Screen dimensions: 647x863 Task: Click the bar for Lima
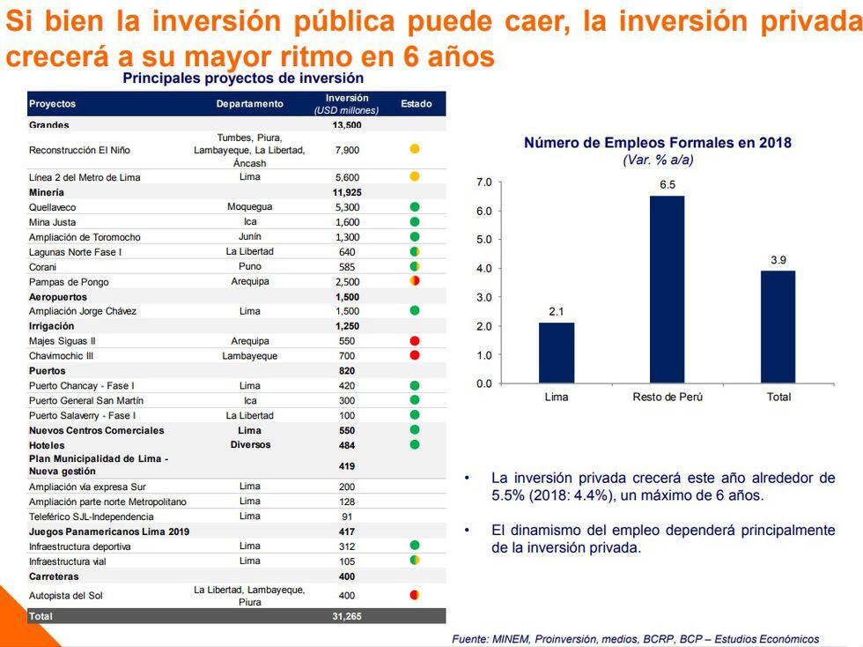pos(557,353)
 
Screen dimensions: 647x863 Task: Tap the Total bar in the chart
pos(778,327)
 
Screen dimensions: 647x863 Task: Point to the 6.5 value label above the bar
pos(668,185)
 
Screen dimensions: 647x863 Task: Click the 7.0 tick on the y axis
pos(483,182)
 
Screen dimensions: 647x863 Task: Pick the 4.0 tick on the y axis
pos(483,269)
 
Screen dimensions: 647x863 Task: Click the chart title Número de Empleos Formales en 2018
pos(658,143)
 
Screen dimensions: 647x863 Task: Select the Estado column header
pos(416,104)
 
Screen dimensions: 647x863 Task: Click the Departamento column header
pos(250,104)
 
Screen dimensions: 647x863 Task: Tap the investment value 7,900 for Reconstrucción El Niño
pos(347,150)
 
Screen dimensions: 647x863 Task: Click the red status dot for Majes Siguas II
pos(415,340)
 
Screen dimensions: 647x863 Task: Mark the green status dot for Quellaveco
pos(415,207)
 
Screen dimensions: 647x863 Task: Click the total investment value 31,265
pos(347,616)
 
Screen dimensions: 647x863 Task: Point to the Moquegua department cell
pos(250,207)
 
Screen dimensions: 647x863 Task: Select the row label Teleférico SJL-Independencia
pos(92,517)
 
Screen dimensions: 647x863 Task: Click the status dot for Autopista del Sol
pos(415,595)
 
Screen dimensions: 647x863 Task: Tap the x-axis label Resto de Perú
pos(668,397)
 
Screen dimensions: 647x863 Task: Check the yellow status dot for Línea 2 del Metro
pos(415,177)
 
